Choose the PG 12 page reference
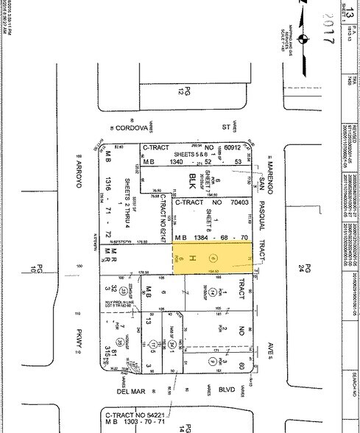coord(178,90)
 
